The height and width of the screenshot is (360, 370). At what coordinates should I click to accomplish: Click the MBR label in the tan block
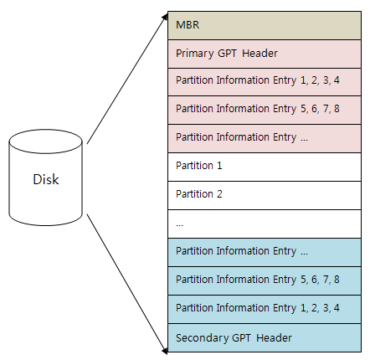click(x=188, y=25)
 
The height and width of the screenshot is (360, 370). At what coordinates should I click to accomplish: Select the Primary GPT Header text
click(x=227, y=54)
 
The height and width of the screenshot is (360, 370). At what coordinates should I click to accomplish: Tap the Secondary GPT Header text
click(x=234, y=338)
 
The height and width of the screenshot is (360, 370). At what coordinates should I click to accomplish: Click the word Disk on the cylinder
click(x=46, y=179)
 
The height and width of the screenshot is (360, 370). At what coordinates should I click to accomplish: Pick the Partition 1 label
click(x=199, y=166)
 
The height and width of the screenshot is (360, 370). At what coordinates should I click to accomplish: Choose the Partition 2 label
click(x=199, y=194)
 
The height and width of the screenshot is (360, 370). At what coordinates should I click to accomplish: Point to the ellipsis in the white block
click(x=179, y=225)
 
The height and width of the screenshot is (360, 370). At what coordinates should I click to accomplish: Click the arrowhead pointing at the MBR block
click(x=165, y=17)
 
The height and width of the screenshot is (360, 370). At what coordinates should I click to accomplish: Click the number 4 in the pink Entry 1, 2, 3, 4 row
click(x=337, y=80)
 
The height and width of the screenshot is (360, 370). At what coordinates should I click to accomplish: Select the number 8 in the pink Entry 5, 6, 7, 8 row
click(x=337, y=109)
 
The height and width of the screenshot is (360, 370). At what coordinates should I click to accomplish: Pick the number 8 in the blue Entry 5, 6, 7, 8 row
click(x=337, y=280)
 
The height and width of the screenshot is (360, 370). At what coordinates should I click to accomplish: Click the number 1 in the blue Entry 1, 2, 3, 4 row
click(x=303, y=308)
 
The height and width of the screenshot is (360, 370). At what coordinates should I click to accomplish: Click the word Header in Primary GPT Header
click(x=260, y=54)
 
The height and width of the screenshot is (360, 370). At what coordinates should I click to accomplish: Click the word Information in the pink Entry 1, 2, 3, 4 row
click(x=243, y=80)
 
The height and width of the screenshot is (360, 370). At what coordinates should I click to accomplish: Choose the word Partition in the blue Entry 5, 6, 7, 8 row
click(x=194, y=280)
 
